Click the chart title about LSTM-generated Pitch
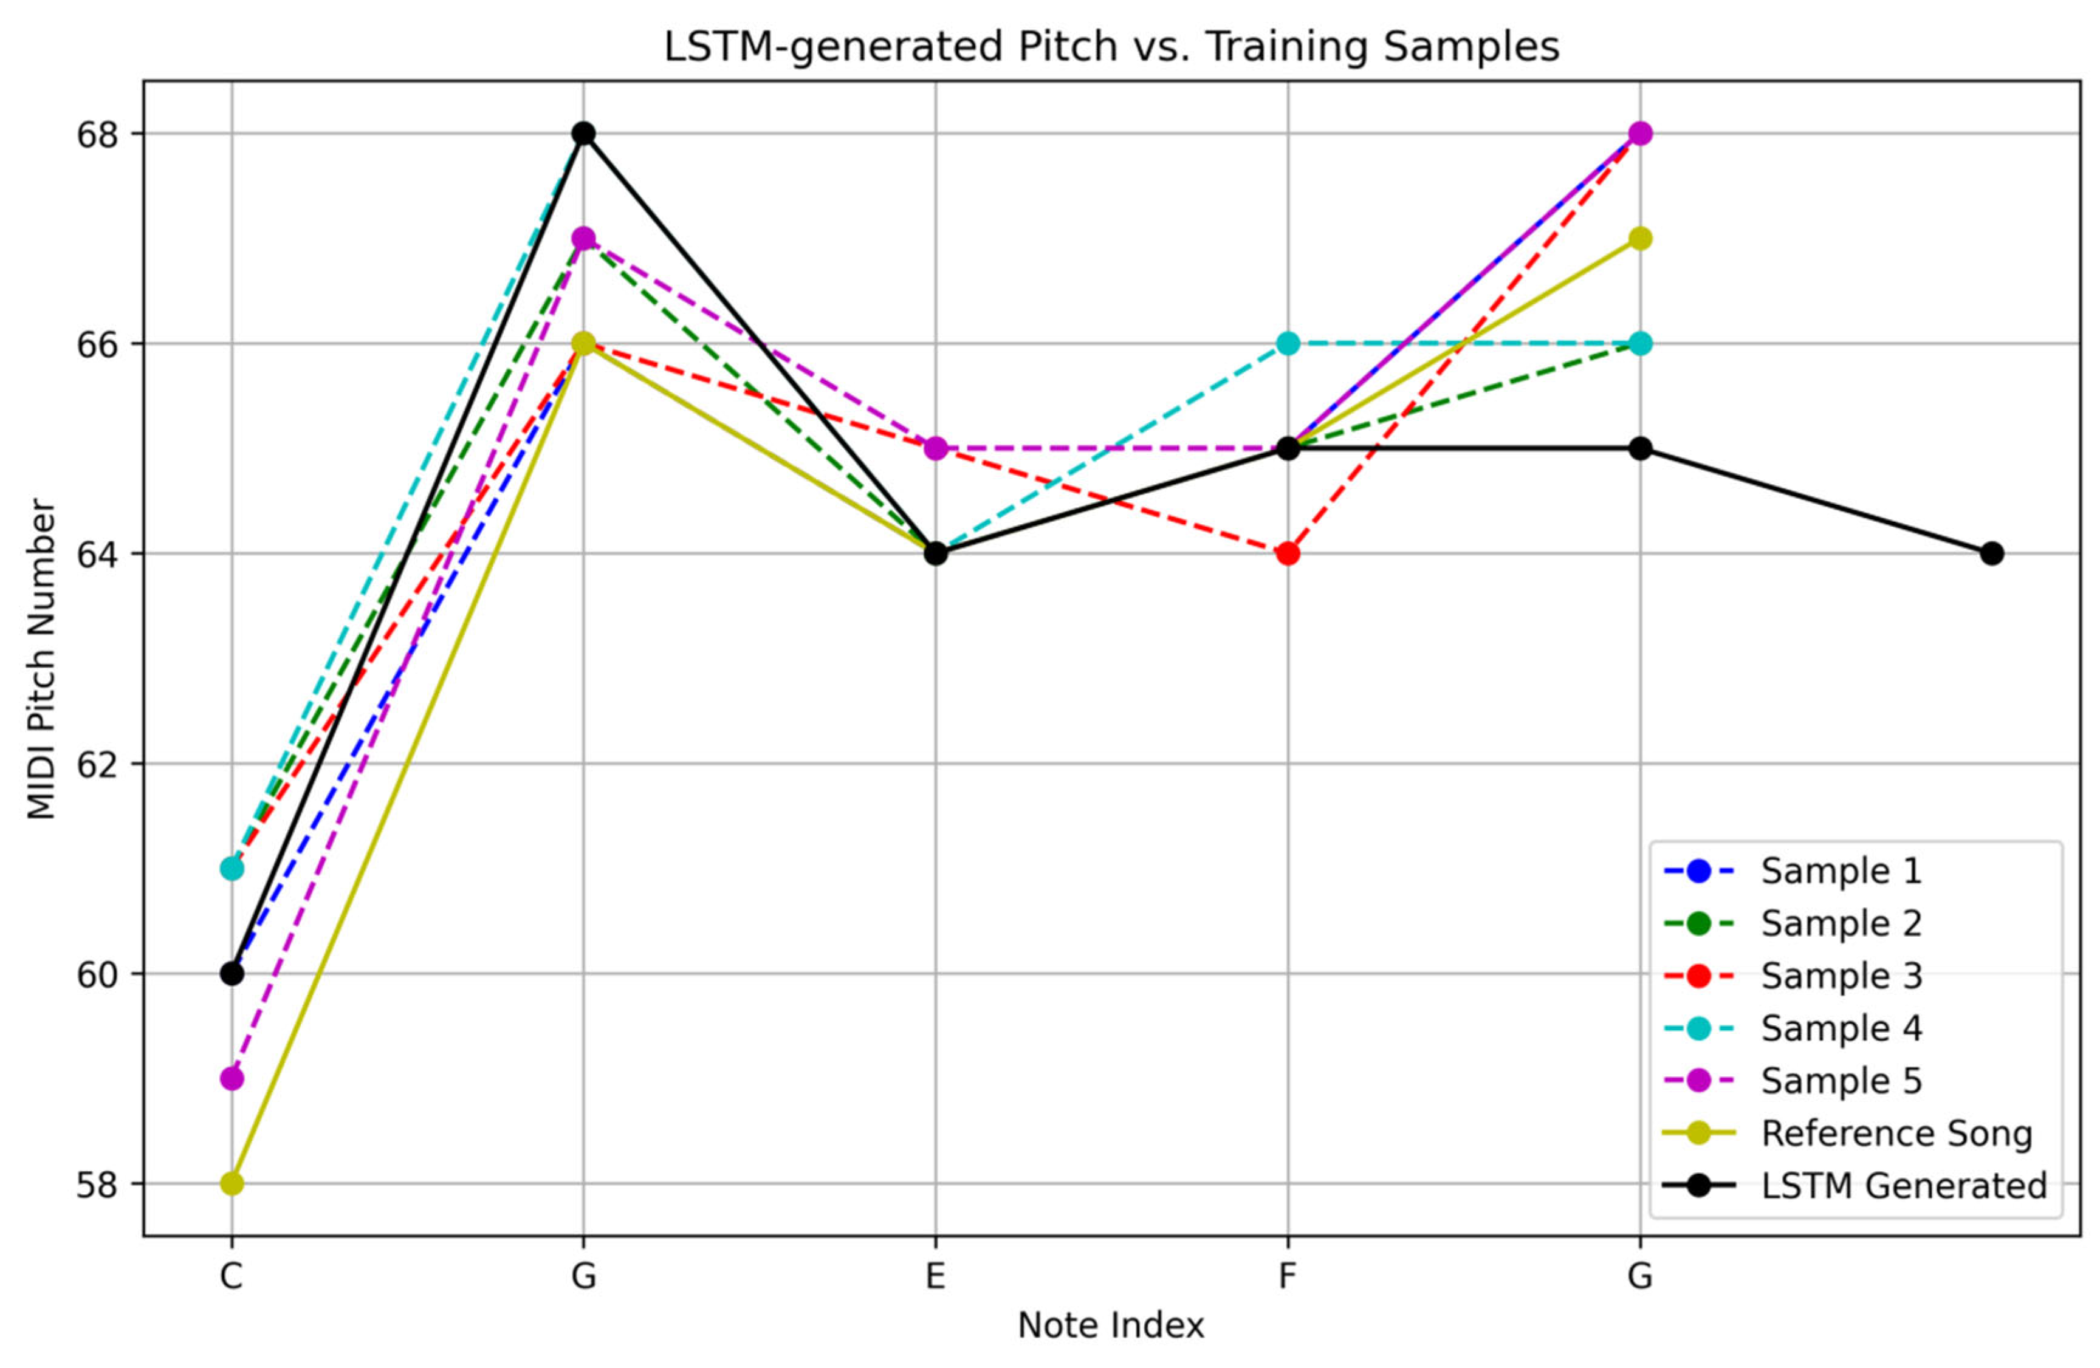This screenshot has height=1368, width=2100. (1111, 47)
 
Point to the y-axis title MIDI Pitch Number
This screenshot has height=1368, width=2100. (41, 659)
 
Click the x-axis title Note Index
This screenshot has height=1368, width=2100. (1111, 1325)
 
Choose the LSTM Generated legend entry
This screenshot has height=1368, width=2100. (1903, 1185)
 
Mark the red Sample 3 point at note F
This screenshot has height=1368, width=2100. (1288, 554)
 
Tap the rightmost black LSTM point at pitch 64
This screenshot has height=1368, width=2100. (1991, 554)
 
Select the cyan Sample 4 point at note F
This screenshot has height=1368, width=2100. (1288, 343)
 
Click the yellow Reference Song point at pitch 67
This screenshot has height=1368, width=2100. (1639, 238)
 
